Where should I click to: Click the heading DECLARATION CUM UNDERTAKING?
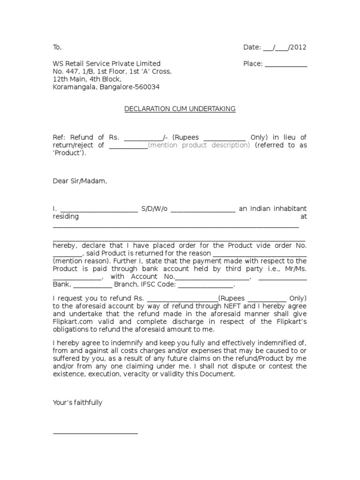pos(180,109)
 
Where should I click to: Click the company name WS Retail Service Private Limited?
pos(106,64)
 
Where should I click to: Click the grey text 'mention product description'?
pos(200,145)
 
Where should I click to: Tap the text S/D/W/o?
pos(154,209)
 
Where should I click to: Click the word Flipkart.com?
pos(71,322)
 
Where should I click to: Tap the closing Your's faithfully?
pos(77,403)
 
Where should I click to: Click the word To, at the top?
pos(57,47)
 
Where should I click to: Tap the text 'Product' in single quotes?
pos(69,153)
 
